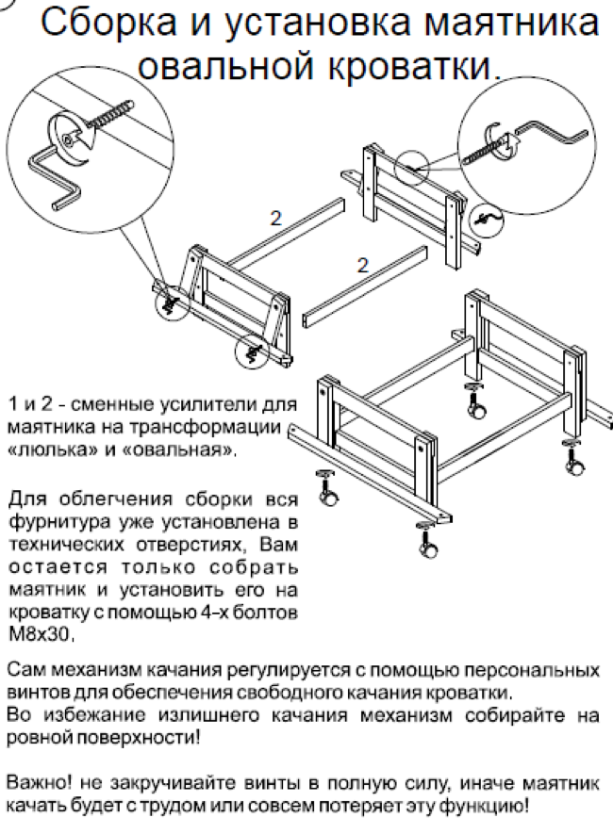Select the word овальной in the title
click(222, 65)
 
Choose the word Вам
click(277, 544)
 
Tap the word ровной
click(34, 738)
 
